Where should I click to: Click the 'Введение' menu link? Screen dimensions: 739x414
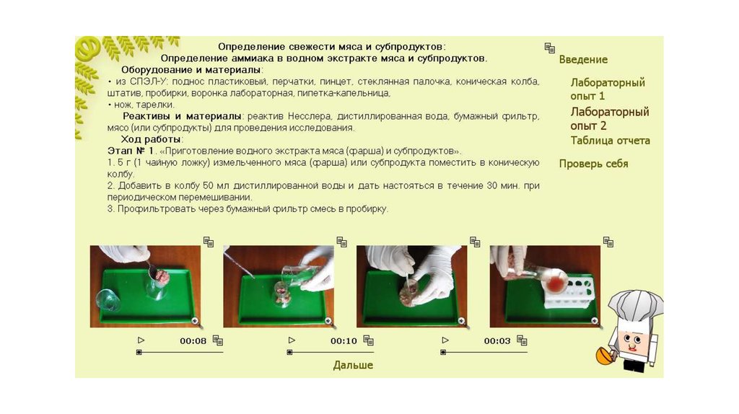(x=583, y=59)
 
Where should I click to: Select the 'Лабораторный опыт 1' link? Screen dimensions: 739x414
(x=608, y=89)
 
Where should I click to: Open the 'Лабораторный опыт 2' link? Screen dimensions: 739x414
(x=609, y=119)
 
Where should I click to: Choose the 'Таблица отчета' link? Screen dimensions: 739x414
(x=610, y=141)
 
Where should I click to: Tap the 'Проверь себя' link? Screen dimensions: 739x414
(x=593, y=164)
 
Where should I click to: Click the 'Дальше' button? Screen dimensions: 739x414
(x=353, y=365)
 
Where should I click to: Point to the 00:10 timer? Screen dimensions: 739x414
(x=344, y=341)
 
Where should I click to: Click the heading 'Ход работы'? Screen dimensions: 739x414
(x=151, y=139)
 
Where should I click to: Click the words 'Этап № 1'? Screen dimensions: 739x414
(x=131, y=151)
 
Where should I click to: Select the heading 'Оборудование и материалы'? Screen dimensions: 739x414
(x=191, y=70)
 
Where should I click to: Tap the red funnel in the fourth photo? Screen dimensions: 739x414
(x=556, y=284)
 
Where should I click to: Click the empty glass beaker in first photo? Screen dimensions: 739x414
(x=108, y=300)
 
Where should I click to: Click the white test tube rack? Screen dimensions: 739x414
(x=570, y=293)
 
